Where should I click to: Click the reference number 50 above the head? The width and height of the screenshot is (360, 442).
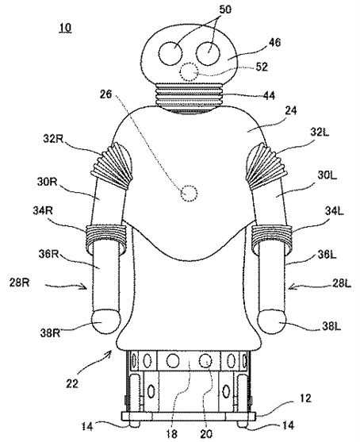224,10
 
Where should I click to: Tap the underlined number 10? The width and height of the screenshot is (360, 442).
65,28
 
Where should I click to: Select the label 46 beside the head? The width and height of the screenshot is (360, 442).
274,43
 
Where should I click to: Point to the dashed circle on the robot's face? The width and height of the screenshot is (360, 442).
189,72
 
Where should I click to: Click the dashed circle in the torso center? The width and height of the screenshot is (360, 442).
189,194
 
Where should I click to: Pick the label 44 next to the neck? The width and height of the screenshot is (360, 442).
269,95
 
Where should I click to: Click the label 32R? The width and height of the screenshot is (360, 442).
53,138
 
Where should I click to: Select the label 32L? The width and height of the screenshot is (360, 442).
320,132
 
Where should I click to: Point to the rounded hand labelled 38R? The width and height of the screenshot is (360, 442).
106,321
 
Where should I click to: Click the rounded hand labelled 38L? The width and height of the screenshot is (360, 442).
273,321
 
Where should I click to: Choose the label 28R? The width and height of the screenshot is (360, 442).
19,282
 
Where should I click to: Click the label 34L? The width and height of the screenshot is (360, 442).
335,211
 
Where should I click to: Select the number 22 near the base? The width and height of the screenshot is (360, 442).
72,383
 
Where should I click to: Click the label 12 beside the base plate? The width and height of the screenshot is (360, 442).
305,398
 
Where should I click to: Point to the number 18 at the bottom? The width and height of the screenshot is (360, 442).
171,434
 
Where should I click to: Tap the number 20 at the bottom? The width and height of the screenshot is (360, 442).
206,434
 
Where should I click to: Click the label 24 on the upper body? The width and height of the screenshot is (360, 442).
290,111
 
